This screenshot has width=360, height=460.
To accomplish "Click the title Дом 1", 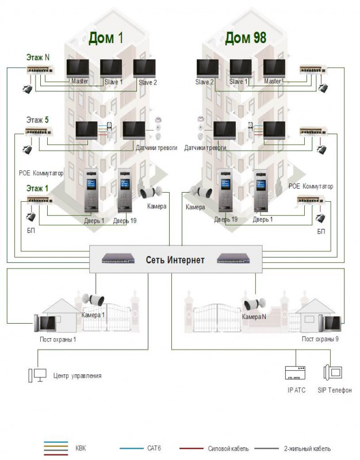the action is (106, 38).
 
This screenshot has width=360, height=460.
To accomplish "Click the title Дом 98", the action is (246, 38).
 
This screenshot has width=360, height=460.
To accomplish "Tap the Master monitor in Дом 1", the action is (78, 68).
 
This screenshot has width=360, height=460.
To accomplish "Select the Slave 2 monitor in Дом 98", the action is (208, 68).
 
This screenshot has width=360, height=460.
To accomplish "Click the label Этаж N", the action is (38, 57).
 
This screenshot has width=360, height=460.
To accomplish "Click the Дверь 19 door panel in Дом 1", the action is (125, 190).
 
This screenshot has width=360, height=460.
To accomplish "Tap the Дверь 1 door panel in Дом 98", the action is (262, 190).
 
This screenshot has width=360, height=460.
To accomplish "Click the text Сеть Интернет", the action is (175, 260).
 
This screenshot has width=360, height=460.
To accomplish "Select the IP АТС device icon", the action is (296, 373).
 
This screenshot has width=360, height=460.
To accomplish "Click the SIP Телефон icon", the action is (333, 372).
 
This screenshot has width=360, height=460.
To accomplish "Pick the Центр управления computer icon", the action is (37, 375).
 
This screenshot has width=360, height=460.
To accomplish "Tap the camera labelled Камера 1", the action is (93, 299).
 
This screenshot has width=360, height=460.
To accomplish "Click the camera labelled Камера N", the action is (255, 304).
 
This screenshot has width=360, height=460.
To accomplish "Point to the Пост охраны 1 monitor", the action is (45, 323).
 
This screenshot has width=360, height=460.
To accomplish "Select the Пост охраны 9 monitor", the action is (330, 324).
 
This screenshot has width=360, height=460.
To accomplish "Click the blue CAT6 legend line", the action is (132, 448).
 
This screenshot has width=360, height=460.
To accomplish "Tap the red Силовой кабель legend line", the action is (192, 448).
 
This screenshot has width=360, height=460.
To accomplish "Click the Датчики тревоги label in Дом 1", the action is (156, 148).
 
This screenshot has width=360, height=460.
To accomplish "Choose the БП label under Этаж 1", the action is (31, 231).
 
